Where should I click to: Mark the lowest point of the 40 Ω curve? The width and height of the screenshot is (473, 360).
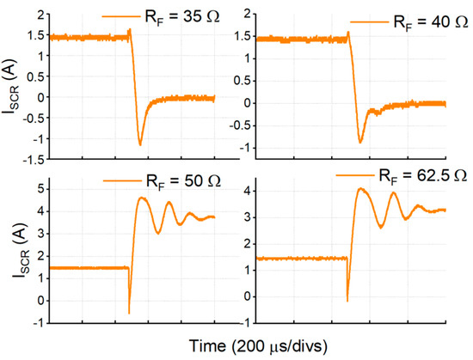click(360, 141)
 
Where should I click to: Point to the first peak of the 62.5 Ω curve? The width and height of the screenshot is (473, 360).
click(361, 189)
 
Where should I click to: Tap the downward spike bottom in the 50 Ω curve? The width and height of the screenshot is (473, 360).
click(129, 313)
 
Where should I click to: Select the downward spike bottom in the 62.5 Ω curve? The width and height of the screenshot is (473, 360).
click(347, 301)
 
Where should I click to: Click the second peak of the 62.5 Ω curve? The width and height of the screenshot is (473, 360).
click(395, 193)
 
